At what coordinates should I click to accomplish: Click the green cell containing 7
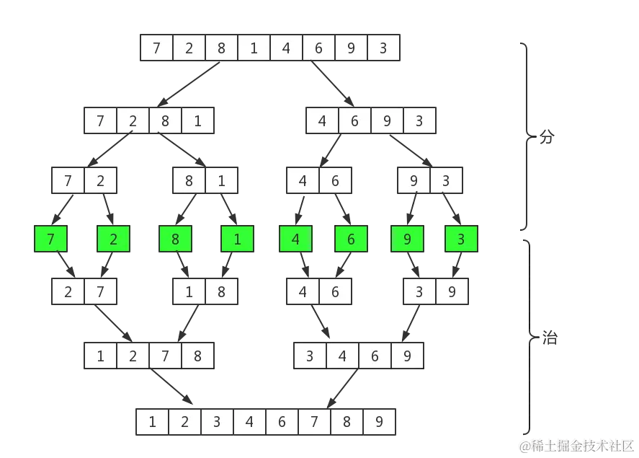pos(51,239)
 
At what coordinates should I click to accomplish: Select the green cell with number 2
pos(114,239)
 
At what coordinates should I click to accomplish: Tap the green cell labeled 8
pos(175,239)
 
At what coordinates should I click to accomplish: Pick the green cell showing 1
pos(238,239)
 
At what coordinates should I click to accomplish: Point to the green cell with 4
pos(296,239)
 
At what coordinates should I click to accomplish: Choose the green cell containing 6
pos(352,239)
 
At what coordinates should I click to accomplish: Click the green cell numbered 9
pos(408,239)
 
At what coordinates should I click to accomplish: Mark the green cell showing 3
pos(461,239)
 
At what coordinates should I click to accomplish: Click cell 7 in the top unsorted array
pos(157,49)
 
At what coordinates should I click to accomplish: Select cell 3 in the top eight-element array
pos(383,49)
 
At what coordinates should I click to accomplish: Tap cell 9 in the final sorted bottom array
pos(379,422)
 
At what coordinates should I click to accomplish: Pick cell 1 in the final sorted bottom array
pos(153,422)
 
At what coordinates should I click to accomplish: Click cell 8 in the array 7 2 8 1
pos(165,121)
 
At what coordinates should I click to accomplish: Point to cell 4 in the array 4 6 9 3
pos(322,121)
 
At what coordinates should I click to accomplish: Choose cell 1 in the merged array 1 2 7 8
pos(101,356)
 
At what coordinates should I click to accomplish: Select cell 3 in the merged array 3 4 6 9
pos(310,356)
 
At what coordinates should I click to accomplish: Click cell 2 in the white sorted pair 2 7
pos(68,292)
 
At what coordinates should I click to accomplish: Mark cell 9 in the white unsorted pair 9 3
pos(414,181)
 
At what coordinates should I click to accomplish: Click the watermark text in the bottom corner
pos(577,444)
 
